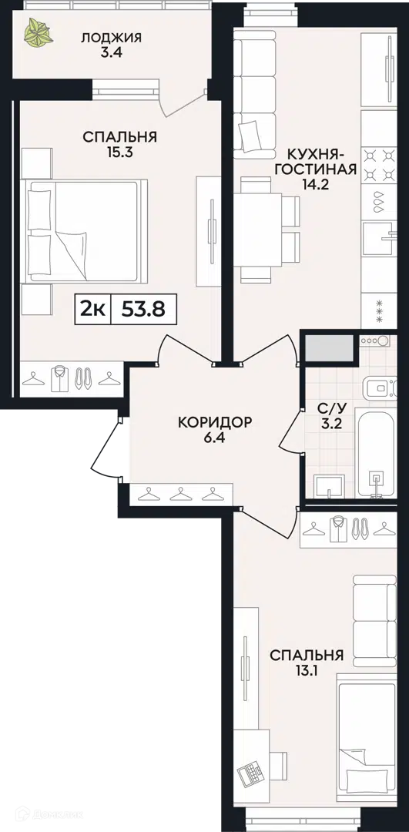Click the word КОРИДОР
[214, 422]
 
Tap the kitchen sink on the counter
[379, 239]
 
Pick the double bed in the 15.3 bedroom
[85, 231]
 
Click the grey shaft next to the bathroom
[328, 348]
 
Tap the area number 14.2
[321, 187]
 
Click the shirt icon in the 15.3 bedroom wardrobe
[59, 379]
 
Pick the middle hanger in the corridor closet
[180, 494]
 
